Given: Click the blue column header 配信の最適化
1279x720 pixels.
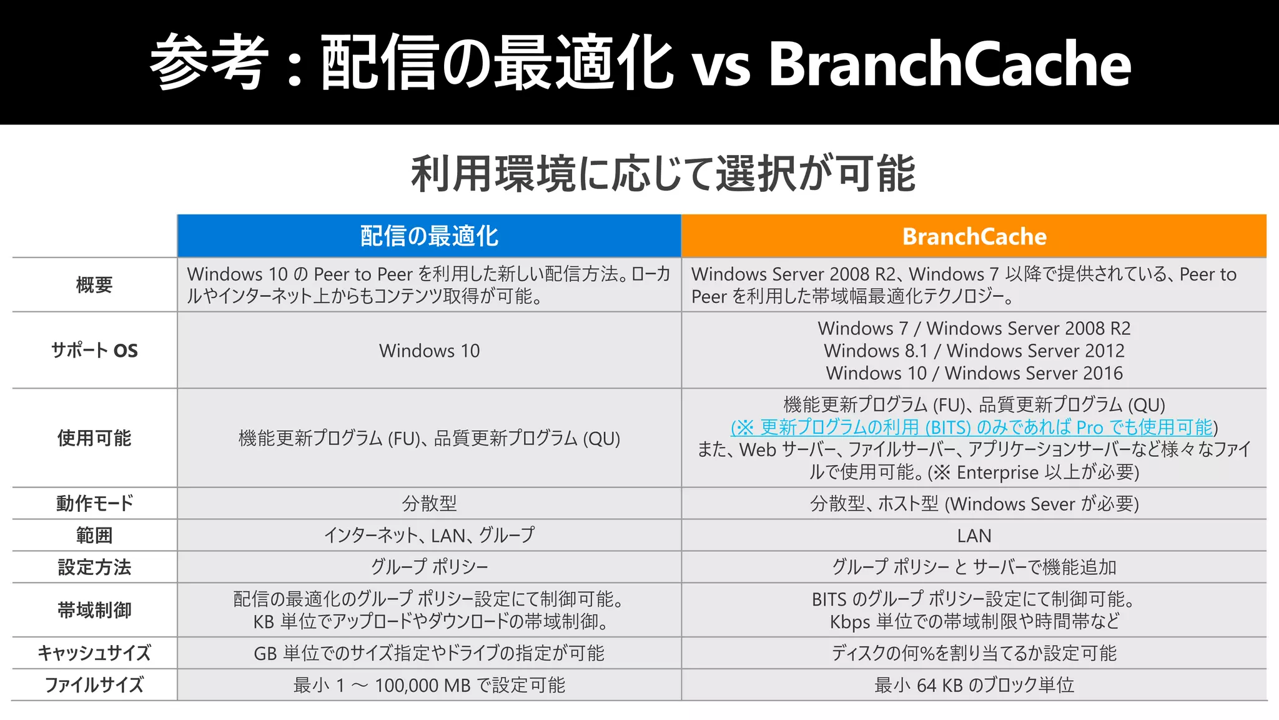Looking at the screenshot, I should [429, 236].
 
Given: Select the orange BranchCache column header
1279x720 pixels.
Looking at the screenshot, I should [974, 236].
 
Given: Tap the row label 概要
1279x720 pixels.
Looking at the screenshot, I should [94, 285].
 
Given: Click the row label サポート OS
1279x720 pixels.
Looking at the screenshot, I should [94, 351].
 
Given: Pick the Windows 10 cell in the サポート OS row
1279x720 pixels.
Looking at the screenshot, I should [429, 351].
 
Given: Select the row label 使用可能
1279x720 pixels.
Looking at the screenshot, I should [94, 438].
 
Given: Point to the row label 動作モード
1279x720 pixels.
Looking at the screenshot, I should [94, 503].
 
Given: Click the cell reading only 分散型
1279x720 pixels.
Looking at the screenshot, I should [429, 503].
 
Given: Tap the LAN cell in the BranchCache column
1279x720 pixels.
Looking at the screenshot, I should [974, 536].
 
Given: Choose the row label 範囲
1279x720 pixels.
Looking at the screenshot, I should [94, 536].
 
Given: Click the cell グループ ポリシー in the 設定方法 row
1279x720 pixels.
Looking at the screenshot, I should [429, 567].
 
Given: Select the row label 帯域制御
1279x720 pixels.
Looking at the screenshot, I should [94, 610].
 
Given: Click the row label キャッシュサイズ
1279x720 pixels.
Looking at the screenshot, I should [94, 653].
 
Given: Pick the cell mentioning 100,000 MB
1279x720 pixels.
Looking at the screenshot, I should [429, 685].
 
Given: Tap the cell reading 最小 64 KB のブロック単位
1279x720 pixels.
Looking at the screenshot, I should [974, 685].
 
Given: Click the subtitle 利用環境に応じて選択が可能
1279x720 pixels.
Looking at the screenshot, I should [663, 174].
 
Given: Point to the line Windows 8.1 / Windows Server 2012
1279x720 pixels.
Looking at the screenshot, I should [974, 351].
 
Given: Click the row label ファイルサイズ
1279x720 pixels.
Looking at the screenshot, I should [94, 685].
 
